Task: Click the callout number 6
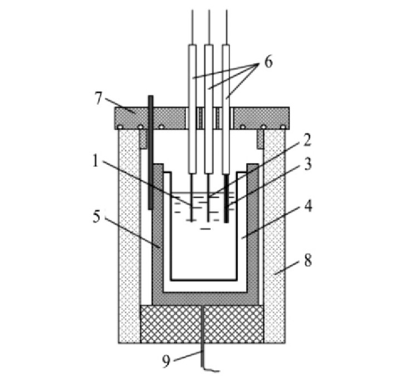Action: point(268,62)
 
